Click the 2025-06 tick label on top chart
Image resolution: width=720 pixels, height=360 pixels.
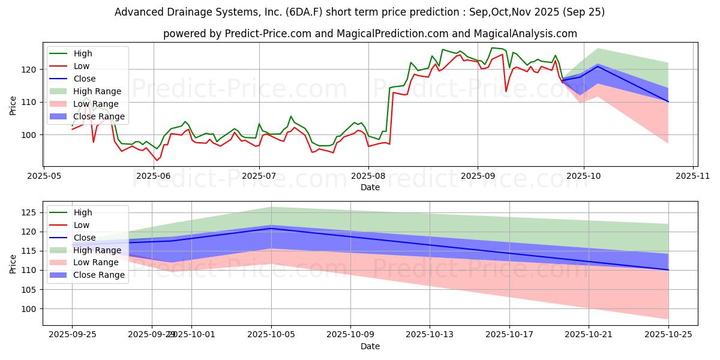tap(154, 176)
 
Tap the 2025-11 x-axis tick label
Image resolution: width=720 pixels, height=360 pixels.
tap(693, 176)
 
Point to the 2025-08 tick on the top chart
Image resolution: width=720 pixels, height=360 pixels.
tap(368, 176)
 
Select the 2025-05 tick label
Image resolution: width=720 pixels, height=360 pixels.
tap(44, 176)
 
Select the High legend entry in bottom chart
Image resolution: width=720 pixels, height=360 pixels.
tap(83, 212)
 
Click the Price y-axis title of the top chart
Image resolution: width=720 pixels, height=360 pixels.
tap(13, 106)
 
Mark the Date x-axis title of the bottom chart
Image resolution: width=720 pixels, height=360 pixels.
tap(370, 346)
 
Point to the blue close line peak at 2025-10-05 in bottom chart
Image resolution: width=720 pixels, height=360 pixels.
tap(271, 229)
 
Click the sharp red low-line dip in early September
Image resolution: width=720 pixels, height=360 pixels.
tap(506, 92)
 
